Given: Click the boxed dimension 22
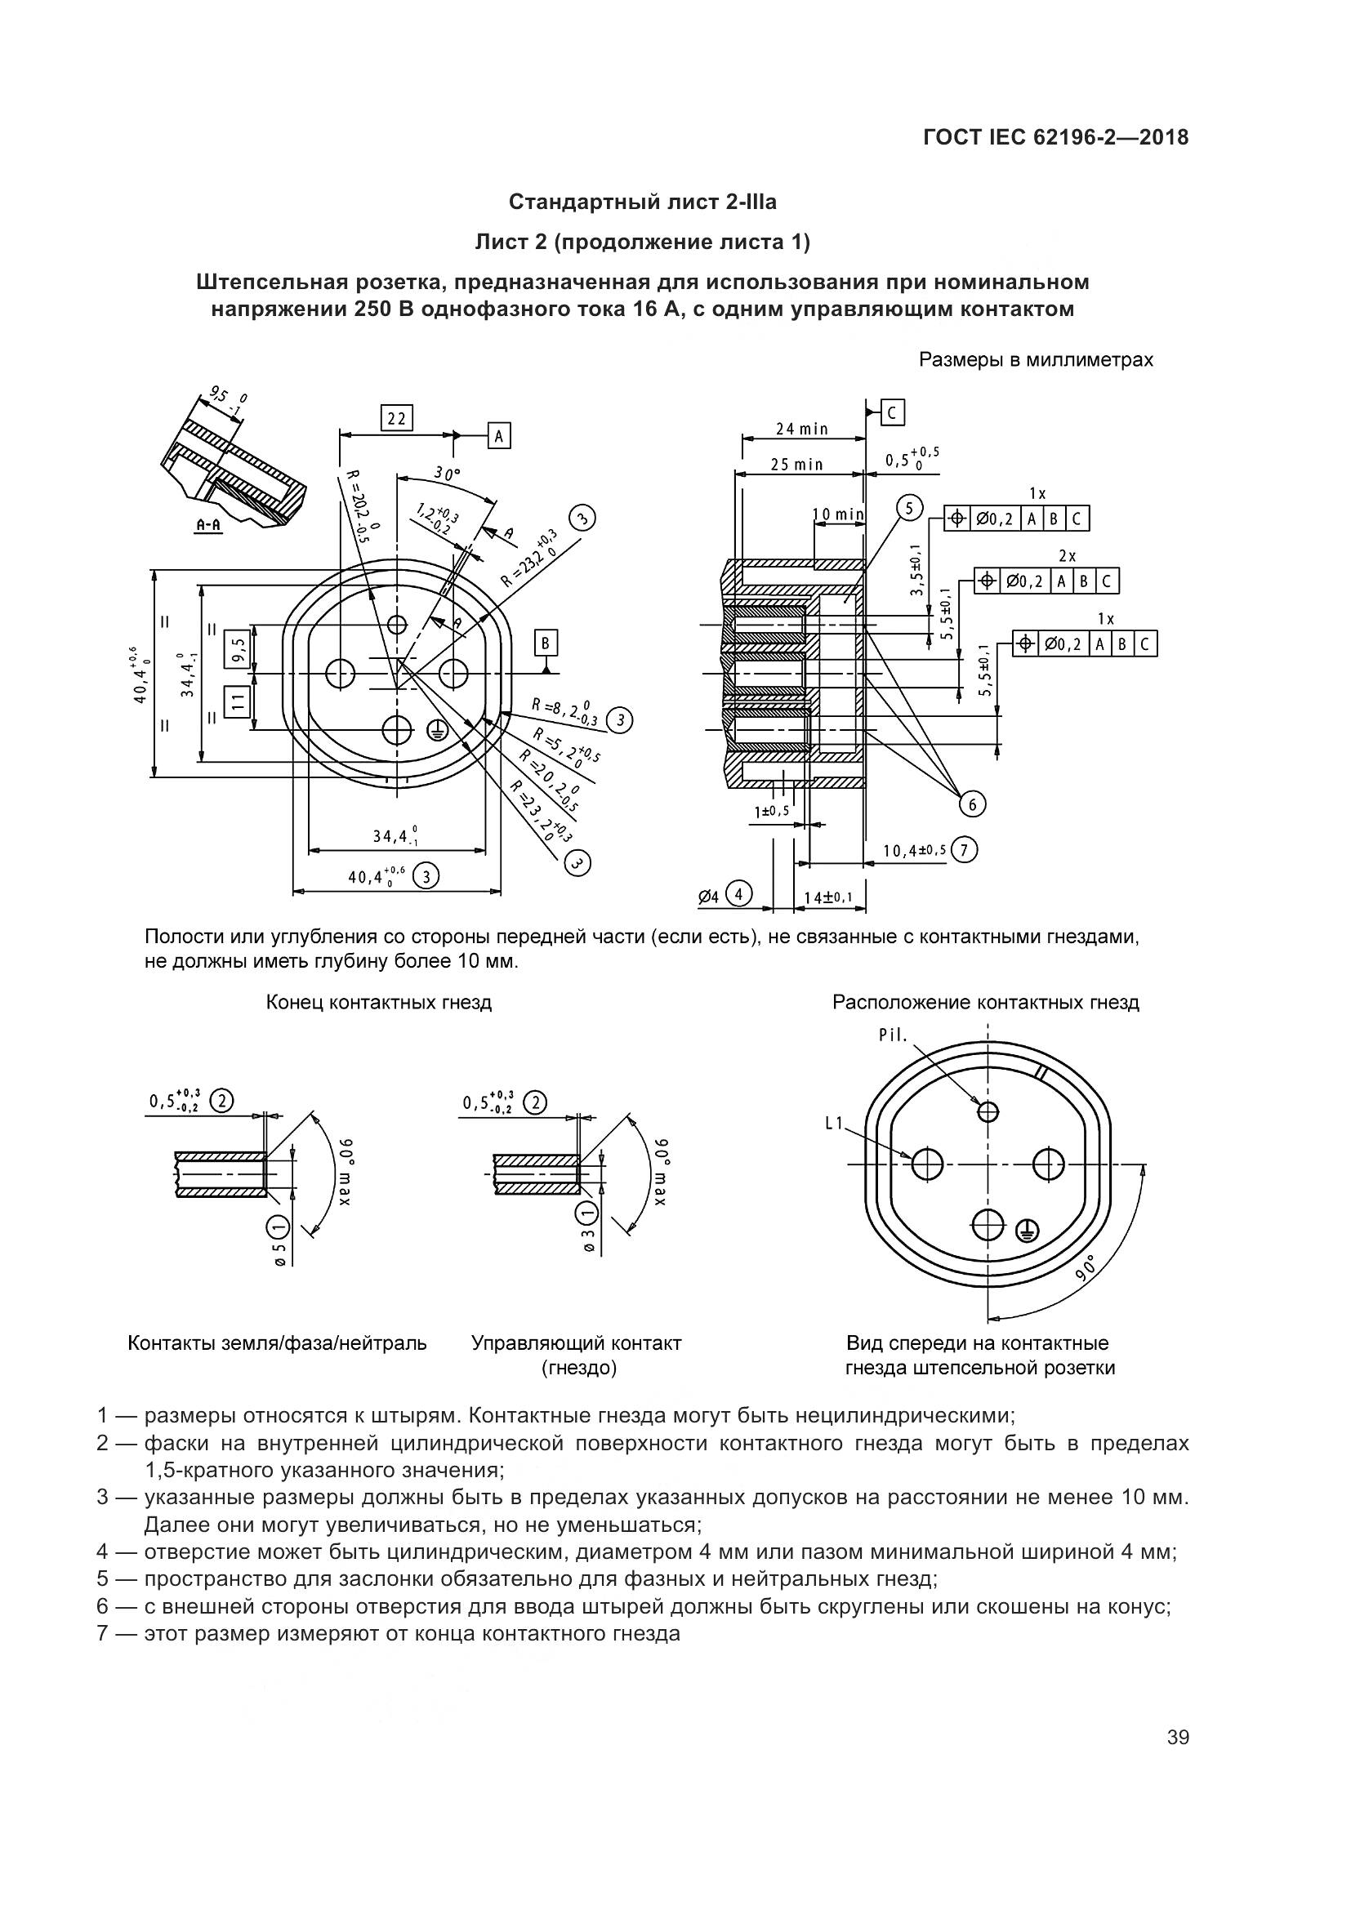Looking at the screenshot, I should (x=396, y=418).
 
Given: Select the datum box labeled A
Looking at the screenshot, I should (x=498, y=435).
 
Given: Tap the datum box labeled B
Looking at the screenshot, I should (x=546, y=643).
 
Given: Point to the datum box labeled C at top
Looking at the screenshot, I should (x=892, y=412).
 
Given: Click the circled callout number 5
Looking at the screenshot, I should (x=909, y=507).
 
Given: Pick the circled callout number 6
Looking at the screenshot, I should (x=972, y=804).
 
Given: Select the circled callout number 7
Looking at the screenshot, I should (x=963, y=849).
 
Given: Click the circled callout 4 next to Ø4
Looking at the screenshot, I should (x=738, y=894).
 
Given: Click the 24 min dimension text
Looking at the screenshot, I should (x=802, y=430).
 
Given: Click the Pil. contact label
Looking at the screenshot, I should (x=893, y=1035).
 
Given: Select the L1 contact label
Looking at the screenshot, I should (x=835, y=1123).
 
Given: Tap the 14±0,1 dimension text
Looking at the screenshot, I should (x=827, y=897).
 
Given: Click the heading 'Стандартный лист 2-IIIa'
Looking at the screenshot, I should (x=642, y=203).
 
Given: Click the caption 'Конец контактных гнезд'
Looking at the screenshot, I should (x=378, y=1003).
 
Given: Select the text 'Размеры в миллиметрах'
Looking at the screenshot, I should (x=1036, y=360).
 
